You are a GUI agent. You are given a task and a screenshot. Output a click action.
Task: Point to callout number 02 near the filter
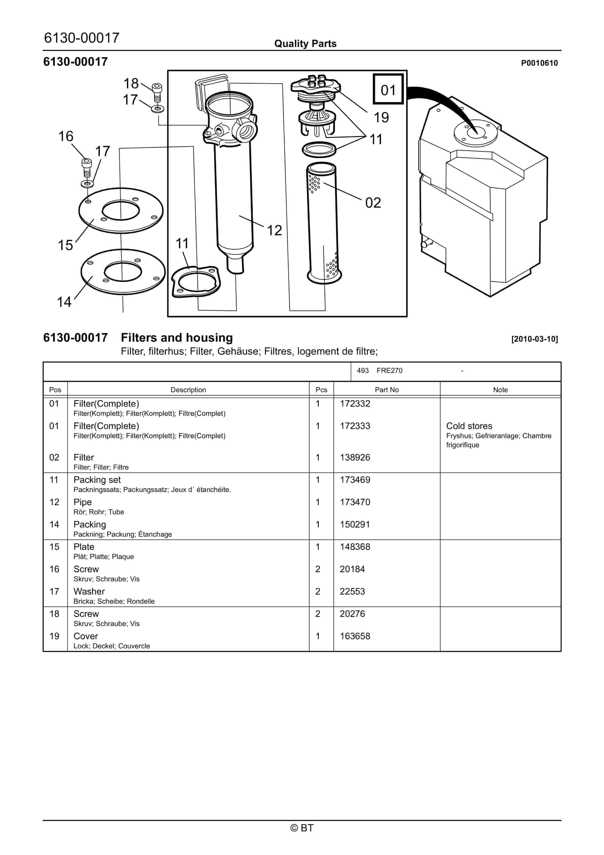click(x=373, y=203)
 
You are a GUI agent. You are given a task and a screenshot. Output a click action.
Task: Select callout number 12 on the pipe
click(x=274, y=231)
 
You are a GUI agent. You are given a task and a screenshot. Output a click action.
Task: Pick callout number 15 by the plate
click(x=65, y=245)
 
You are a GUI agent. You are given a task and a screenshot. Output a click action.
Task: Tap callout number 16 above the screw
click(x=66, y=136)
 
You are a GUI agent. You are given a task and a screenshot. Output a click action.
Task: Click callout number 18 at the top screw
click(x=131, y=84)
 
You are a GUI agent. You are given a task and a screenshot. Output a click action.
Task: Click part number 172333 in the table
click(x=355, y=426)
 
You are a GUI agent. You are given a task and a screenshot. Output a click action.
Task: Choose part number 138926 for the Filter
click(x=355, y=457)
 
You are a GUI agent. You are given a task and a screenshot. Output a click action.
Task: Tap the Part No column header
click(x=387, y=390)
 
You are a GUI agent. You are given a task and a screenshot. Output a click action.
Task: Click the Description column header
click(x=188, y=390)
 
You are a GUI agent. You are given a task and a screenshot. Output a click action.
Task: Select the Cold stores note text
click(x=469, y=426)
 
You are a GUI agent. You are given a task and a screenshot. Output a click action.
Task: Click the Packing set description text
click(x=97, y=480)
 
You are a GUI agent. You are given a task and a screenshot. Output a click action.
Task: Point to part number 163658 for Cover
click(x=355, y=636)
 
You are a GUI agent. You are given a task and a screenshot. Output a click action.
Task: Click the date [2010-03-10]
click(x=534, y=339)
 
